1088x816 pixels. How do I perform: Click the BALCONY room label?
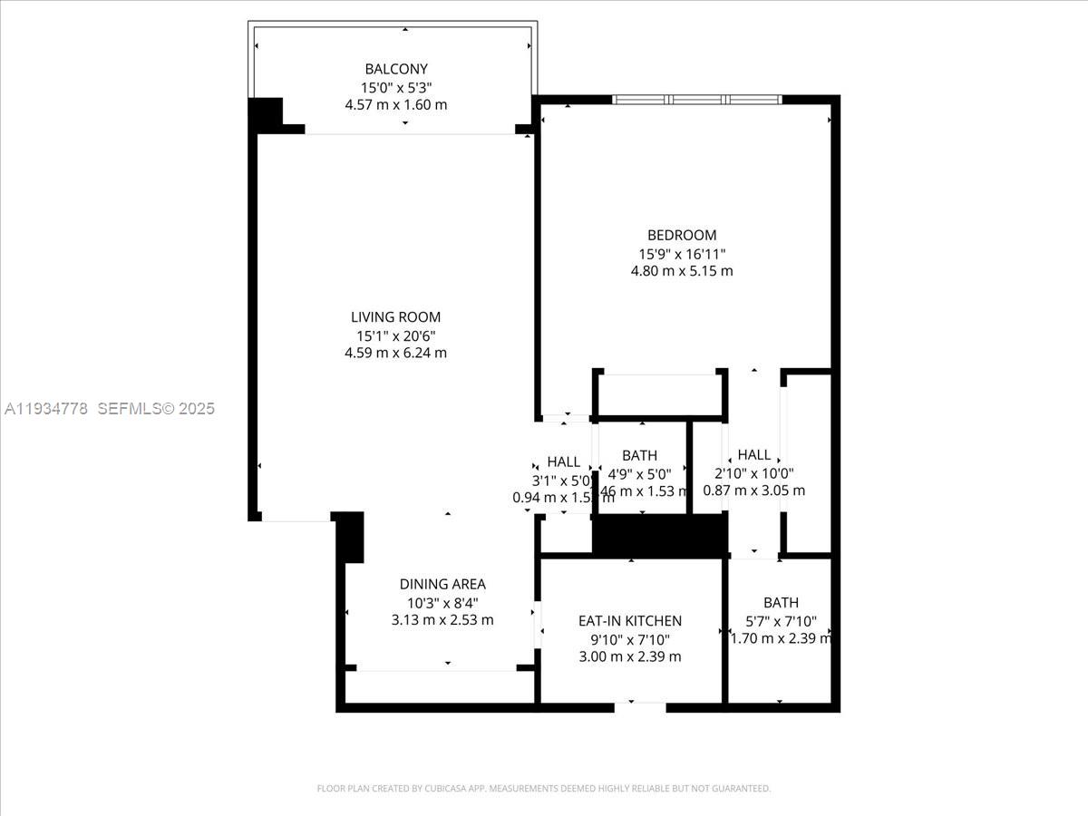point(396,69)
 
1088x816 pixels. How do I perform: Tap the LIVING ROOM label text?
point(395,317)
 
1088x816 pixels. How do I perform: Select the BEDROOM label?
point(682,235)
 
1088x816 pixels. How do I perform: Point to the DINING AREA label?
point(442,585)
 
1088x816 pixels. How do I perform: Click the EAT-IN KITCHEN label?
point(630,621)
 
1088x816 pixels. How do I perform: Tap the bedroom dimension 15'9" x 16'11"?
point(682,253)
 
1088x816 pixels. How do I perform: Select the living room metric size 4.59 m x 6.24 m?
point(395,353)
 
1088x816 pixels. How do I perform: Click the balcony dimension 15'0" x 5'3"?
point(396,87)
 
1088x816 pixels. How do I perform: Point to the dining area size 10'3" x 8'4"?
point(442,603)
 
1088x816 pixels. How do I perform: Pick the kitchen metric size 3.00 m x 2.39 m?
point(630,656)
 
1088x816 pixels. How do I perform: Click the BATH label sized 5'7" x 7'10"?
point(781,602)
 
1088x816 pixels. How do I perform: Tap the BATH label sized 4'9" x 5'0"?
point(639,455)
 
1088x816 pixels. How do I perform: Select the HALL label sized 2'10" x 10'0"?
point(753,455)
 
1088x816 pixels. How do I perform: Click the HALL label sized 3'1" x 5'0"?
point(563,462)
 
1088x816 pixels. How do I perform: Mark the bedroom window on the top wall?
point(696,100)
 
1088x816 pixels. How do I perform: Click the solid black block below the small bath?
point(659,535)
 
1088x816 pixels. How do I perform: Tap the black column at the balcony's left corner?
point(265,114)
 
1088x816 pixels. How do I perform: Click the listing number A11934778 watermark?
point(46,409)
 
